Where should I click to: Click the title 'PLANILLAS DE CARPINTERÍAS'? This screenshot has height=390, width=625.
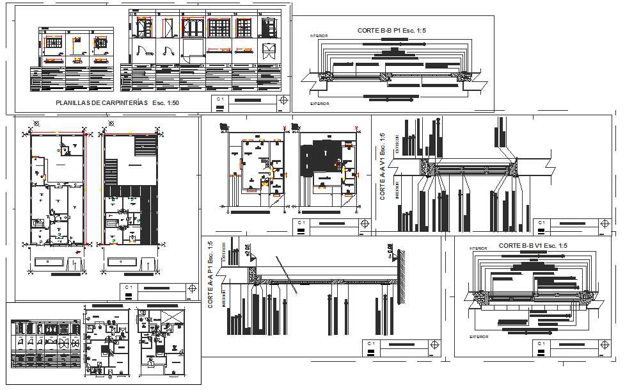tap(100, 102)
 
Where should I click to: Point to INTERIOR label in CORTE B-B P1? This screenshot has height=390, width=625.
tap(319, 36)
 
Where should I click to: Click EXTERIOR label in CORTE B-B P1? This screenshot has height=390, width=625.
tap(320, 103)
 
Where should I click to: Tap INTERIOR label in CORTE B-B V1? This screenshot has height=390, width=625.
tap(478, 248)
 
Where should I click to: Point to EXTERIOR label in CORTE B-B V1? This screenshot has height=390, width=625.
tap(479, 336)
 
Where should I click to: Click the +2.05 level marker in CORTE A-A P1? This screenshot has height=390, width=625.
tap(248, 249)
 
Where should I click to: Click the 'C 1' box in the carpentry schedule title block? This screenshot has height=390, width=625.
tap(220, 99)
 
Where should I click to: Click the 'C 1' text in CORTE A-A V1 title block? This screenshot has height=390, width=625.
tap(541, 222)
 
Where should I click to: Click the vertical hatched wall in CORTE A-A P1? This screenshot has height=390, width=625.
tap(405, 282)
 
